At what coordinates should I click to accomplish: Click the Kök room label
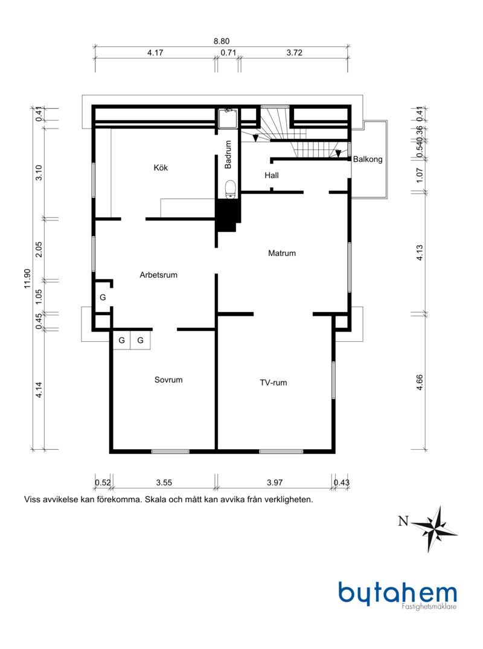tap(161, 168)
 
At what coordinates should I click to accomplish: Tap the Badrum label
tap(228, 155)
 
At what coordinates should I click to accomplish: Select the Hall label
tap(272, 176)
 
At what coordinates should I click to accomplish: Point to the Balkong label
tap(368, 159)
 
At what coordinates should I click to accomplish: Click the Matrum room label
tap(282, 254)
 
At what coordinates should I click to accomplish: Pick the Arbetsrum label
tap(159, 275)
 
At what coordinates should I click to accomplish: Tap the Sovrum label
tap(168, 380)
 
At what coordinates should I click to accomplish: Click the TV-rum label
tap(273, 383)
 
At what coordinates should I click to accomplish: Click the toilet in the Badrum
tap(231, 189)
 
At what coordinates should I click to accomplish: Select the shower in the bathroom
tap(228, 118)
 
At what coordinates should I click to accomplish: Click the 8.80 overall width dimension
tap(222, 42)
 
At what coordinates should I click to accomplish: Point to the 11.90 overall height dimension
tap(27, 278)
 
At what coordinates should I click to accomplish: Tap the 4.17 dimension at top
tap(155, 53)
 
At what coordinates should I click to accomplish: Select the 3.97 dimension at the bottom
tap(275, 482)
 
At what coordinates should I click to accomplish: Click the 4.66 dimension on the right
tap(420, 382)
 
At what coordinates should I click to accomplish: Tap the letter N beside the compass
tap(403, 521)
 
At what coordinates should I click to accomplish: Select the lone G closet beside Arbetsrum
tap(103, 297)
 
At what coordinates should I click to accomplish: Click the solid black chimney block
tap(228, 214)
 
